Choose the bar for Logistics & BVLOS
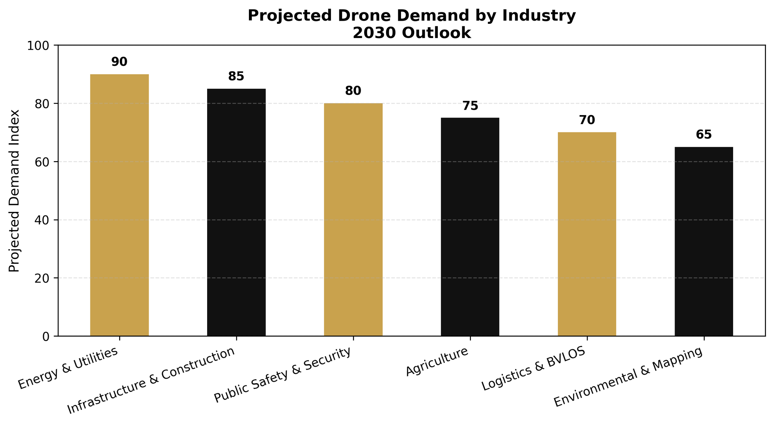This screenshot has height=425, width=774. point(587,234)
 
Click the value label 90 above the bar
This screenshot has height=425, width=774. point(119,62)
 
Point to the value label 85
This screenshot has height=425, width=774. point(236,76)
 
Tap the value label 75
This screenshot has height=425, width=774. point(470,106)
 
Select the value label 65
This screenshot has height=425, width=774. point(704,135)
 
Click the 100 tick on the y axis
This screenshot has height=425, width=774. point(38,46)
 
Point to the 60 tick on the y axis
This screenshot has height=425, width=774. point(42,162)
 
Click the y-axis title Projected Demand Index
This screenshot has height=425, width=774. point(14,191)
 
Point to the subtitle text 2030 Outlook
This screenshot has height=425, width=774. point(411,33)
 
